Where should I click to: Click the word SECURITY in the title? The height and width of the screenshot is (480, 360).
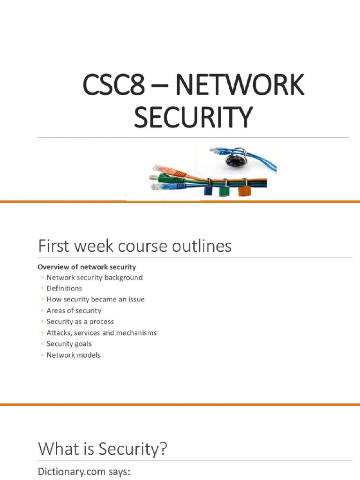coord(193,117)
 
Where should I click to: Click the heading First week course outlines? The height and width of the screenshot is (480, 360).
coord(135,246)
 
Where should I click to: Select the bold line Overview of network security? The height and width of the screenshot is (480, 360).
coord(87,267)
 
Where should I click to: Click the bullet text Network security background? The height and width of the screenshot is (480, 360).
coord(94,277)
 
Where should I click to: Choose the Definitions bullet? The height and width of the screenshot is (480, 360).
coord(64,288)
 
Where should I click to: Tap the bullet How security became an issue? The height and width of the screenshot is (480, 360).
coord(96,299)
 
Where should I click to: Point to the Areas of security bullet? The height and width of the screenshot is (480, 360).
coord(74,310)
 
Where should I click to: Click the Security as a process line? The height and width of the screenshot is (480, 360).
coord(80,322)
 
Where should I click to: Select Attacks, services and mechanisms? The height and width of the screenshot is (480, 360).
coord(101,333)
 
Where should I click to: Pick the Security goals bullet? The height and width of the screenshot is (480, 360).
coord(69,344)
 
